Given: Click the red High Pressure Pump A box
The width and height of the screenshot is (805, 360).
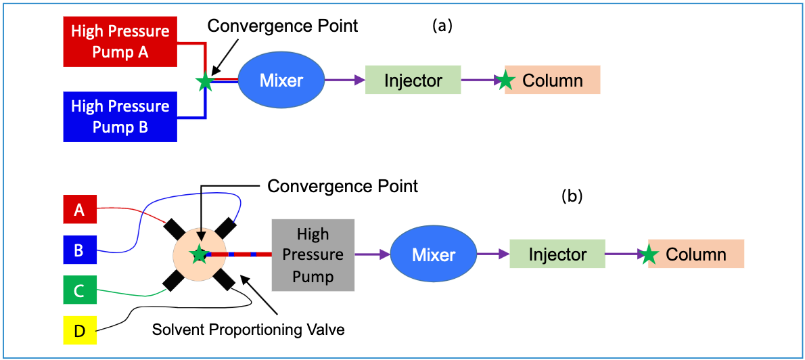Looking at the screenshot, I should pyautogui.click(x=120, y=42).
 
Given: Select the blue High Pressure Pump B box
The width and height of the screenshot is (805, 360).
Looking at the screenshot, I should pyautogui.click(x=120, y=117).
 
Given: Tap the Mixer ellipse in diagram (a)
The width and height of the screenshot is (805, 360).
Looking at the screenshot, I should pyautogui.click(x=281, y=81).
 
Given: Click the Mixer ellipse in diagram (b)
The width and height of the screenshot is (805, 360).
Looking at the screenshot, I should pyautogui.click(x=434, y=255).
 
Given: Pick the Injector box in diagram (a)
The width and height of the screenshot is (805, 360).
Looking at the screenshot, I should pyautogui.click(x=413, y=81).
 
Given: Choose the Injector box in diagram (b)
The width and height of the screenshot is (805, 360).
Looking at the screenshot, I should pyautogui.click(x=557, y=254).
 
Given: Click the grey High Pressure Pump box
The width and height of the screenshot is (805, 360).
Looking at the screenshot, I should pyautogui.click(x=313, y=255).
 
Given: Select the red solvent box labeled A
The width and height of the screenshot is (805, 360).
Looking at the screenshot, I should pyautogui.click(x=79, y=210).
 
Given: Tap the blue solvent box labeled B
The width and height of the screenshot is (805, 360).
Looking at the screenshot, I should pyautogui.click(x=79, y=250).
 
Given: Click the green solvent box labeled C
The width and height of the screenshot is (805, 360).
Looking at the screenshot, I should pyautogui.click(x=79, y=291).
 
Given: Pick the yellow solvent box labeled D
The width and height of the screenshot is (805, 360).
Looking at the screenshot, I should pyautogui.click(x=79, y=332).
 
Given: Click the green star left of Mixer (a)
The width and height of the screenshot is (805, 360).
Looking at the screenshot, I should pyautogui.click(x=205, y=82).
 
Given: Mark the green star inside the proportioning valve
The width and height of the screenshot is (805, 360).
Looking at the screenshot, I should pyautogui.click(x=199, y=254).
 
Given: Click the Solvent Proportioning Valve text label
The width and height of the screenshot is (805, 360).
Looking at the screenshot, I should pyautogui.click(x=248, y=330).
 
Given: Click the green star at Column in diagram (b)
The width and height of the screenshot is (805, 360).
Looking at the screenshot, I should pyautogui.click(x=649, y=255).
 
